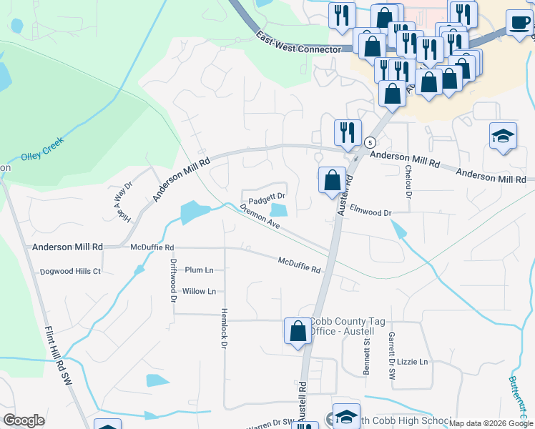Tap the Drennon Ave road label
[x=260, y=217]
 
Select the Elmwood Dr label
[x=372, y=213]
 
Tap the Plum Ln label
[x=199, y=270]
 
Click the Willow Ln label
[x=199, y=292]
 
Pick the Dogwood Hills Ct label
[x=71, y=272]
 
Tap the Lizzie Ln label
[x=413, y=362]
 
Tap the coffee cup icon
[x=519, y=21]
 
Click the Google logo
[x=24, y=420]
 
